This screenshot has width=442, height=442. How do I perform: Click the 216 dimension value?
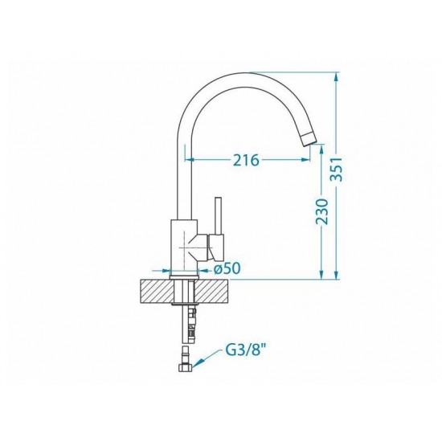(x=246, y=160)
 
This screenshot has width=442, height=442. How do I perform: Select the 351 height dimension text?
(x=336, y=169)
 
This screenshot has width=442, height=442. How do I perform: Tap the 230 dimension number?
(x=321, y=211)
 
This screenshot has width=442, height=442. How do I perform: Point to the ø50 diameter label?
(x=227, y=268)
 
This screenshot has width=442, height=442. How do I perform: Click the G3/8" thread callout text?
(x=246, y=351)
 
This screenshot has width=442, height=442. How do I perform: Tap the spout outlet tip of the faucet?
(x=309, y=140)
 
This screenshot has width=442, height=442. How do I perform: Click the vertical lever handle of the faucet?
(x=218, y=215)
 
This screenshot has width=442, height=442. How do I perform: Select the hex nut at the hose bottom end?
(x=186, y=367)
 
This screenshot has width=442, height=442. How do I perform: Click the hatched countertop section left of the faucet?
(x=156, y=292)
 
